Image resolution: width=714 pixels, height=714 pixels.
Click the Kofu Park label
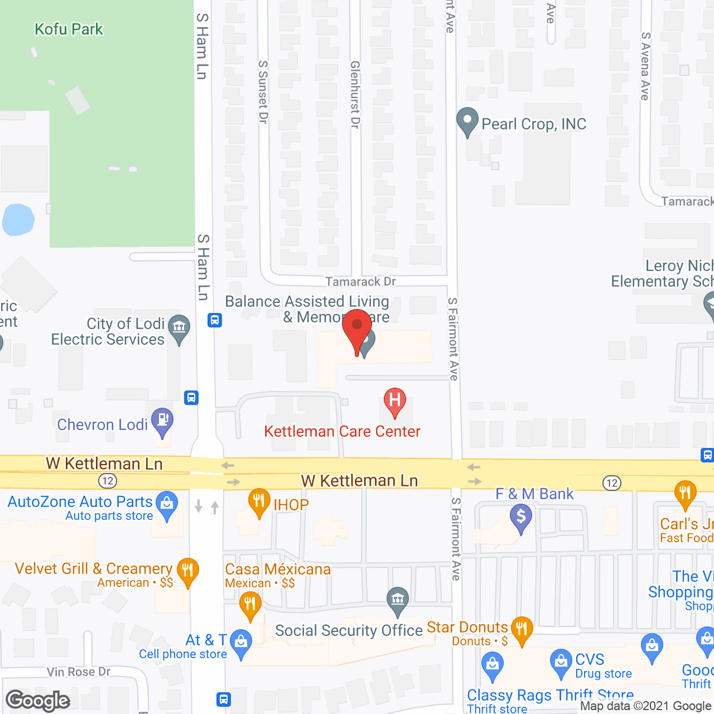pos(69,29)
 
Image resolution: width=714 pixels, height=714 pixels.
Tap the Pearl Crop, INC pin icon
pos(467,121)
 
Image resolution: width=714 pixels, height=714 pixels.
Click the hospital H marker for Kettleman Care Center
pos(395,401)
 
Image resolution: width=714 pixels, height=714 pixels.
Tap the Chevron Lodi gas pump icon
pos(162,422)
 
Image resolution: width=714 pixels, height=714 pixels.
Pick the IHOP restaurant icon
pos(259,501)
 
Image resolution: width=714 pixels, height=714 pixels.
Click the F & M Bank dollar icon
pos(521,517)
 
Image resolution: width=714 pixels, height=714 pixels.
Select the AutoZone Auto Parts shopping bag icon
pos(166,504)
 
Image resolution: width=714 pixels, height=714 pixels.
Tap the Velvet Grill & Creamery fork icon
pos(187,571)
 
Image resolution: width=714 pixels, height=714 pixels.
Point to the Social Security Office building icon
pos(397,601)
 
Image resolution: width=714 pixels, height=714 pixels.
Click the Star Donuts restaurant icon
pos(522,630)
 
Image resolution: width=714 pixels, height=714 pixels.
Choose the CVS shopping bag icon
pos(561,662)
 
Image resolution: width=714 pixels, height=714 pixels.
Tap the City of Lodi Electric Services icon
pos(179,328)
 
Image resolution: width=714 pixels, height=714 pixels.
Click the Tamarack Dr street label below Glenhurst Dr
pos(360,282)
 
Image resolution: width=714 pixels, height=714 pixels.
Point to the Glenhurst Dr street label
pos(355,95)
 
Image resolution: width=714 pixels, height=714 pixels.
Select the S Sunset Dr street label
pos(263,92)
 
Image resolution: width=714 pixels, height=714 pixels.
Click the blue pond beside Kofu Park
pos(18,219)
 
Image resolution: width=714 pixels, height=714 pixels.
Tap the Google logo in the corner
pos(38,701)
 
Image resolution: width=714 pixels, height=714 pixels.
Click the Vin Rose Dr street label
pos(79,672)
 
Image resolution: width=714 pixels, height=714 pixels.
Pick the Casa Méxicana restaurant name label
pos(278,569)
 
